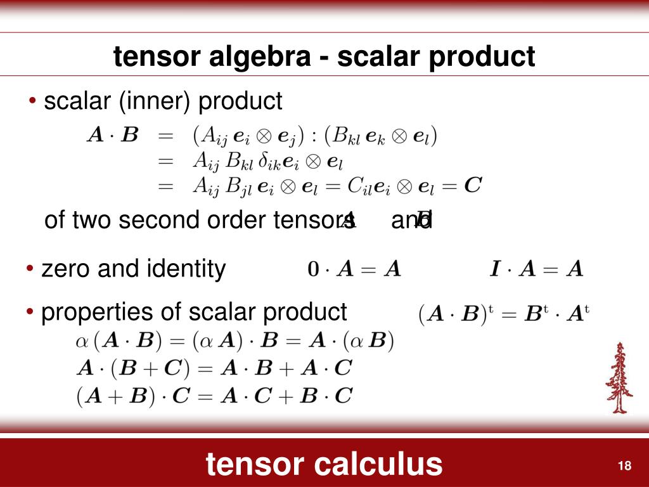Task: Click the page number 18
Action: (x=624, y=466)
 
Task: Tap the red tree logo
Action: (x=619, y=378)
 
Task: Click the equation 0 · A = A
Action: (x=354, y=269)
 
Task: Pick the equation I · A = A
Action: (x=536, y=269)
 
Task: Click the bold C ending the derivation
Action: (x=473, y=185)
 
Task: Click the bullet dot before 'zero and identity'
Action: (x=30, y=269)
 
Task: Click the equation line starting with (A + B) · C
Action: (x=214, y=396)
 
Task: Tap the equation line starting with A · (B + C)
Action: (x=214, y=368)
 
